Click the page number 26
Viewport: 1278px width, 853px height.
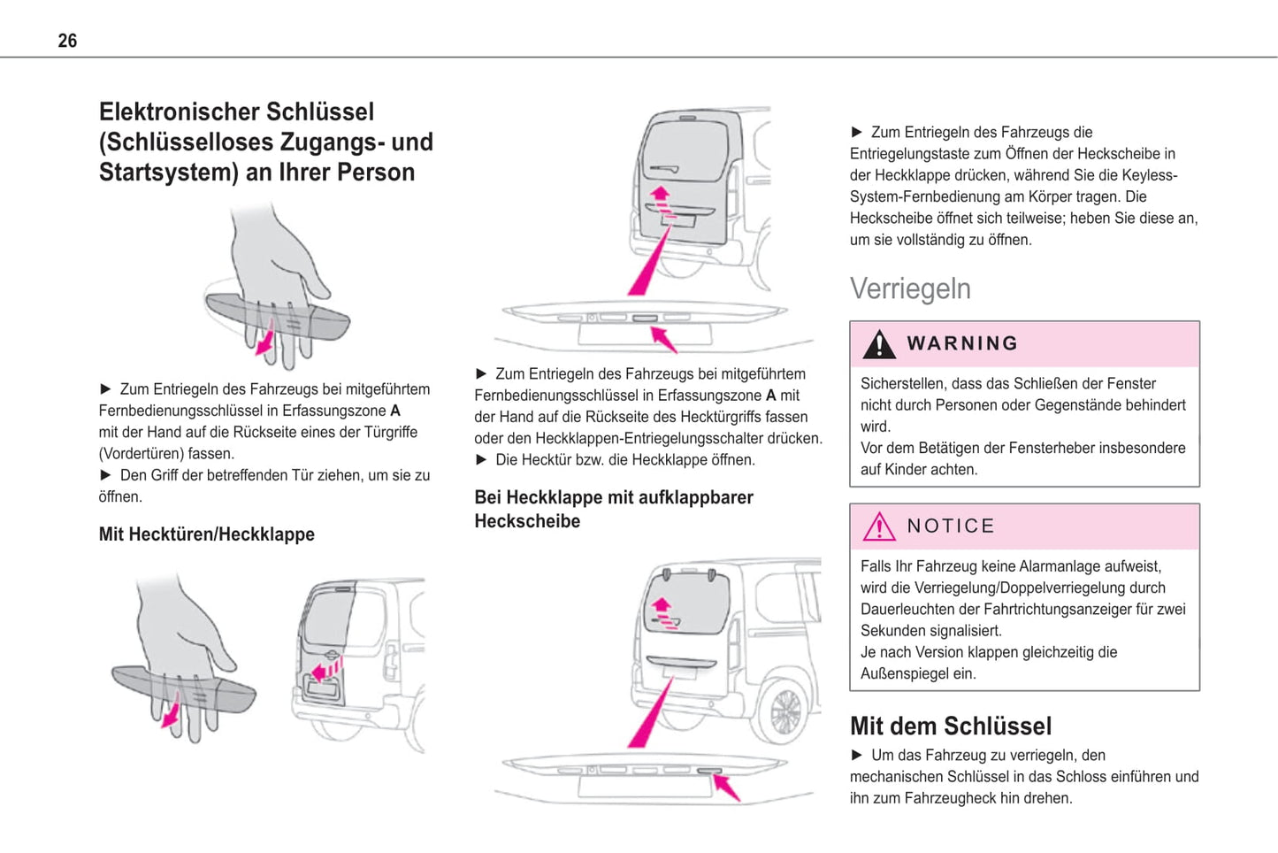(x=67, y=41)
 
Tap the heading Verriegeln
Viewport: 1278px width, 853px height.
(x=910, y=289)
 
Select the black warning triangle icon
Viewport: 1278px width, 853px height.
(x=878, y=344)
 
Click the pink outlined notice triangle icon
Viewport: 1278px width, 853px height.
(x=878, y=526)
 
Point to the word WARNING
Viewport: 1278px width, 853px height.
(x=962, y=343)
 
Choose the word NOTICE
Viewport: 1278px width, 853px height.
(x=951, y=526)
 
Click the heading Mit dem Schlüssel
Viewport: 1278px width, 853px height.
(x=950, y=726)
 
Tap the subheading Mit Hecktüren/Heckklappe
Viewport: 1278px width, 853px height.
(x=206, y=534)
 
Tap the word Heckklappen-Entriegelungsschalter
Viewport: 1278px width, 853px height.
(x=657, y=439)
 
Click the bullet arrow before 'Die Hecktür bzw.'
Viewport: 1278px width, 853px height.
(x=482, y=460)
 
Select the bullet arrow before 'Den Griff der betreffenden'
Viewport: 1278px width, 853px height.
(x=106, y=475)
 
